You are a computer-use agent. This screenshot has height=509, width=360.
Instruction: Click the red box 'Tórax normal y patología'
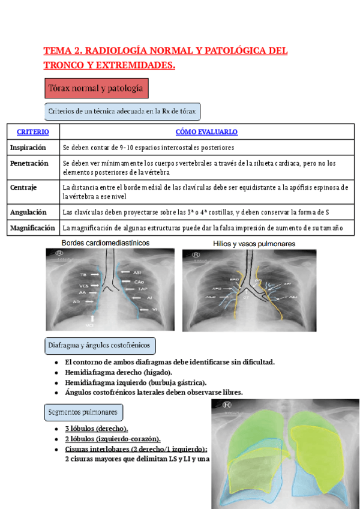tap(96, 89)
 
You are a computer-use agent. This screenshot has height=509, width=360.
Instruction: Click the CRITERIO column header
tap(33, 131)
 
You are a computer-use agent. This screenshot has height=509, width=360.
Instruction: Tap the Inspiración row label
tap(28, 147)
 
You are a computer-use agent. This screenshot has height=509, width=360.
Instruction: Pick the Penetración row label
tap(29, 163)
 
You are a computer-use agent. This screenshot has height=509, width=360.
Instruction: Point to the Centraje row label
tap(24, 187)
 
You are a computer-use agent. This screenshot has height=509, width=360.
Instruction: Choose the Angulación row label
tap(29, 211)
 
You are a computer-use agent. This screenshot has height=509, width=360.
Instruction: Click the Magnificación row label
tap(33, 227)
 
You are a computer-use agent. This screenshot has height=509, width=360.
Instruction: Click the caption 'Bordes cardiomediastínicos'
tap(106, 242)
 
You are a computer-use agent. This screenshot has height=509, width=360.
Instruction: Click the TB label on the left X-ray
tap(83, 274)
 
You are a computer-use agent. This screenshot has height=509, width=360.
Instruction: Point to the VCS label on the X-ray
tap(83, 285)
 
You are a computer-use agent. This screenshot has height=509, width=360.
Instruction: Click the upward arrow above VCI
tap(92, 319)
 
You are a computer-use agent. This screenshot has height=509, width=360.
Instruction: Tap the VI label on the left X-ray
tap(154, 309)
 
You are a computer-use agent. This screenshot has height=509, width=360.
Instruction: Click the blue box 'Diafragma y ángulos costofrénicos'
tap(100, 346)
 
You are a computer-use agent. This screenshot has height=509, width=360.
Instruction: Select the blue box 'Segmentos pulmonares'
tap(84, 412)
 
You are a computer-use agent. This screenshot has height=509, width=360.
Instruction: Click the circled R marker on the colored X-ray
tap(227, 405)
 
